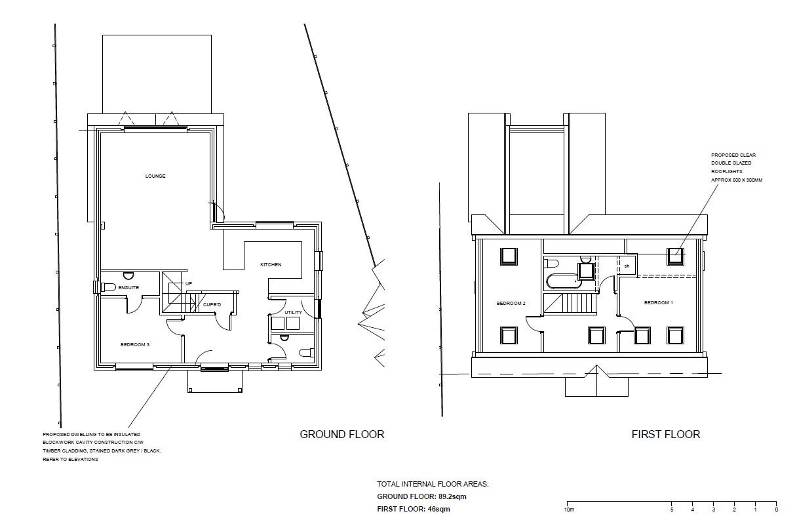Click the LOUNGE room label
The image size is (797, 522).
[155, 176]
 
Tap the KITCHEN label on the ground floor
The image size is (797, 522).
[271, 265]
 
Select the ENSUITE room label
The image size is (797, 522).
[128, 288]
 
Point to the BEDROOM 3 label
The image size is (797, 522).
[136, 344]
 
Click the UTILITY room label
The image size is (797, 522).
[293, 313]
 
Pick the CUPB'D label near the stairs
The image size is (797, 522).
[211, 305]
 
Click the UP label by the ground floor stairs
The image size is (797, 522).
[189, 284]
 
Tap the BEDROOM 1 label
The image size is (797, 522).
[658, 303]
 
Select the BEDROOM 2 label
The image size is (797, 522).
[511, 304]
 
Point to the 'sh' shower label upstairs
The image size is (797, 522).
[627, 266]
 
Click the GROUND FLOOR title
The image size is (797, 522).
[341, 434]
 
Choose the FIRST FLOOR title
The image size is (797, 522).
[665, 434]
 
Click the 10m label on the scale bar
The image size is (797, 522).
[569, 510]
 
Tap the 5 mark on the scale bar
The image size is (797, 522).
[671, 510]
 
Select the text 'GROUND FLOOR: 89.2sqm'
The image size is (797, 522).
[421, 496]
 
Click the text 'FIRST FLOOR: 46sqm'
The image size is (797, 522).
[414, 509]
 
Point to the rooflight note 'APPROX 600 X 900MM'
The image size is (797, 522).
[737, 179]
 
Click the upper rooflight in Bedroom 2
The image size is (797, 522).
[509, 256]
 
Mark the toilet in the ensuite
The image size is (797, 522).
[107, 287]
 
